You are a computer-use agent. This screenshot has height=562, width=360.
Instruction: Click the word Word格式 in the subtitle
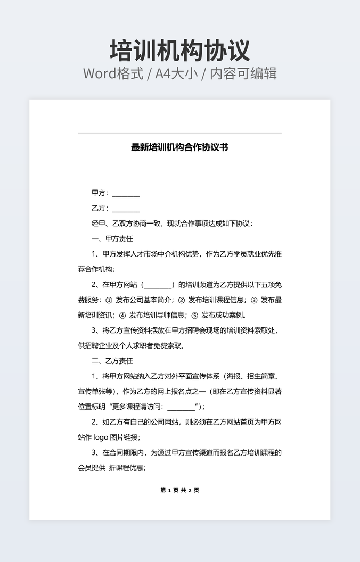point(113,73)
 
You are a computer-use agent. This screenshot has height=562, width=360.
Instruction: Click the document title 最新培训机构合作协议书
point(179,147)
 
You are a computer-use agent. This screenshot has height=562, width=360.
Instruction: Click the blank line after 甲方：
point(126,193)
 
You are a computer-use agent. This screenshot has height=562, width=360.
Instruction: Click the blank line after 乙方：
point(126,209)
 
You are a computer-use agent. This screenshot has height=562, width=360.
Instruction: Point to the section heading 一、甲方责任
point(112,239)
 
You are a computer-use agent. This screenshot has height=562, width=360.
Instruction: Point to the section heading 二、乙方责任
point(112,361)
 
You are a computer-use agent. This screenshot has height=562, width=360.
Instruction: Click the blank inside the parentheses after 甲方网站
point(158,285)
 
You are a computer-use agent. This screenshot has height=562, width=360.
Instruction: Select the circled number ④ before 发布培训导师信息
point(122,315)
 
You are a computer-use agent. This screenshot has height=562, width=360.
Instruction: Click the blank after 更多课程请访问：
point(181,407)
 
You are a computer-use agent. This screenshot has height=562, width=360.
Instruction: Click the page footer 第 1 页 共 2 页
point(179,490)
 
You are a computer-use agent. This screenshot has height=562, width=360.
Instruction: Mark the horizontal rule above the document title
point(179,133)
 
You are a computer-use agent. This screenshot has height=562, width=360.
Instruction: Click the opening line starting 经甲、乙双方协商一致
point(172,224)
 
